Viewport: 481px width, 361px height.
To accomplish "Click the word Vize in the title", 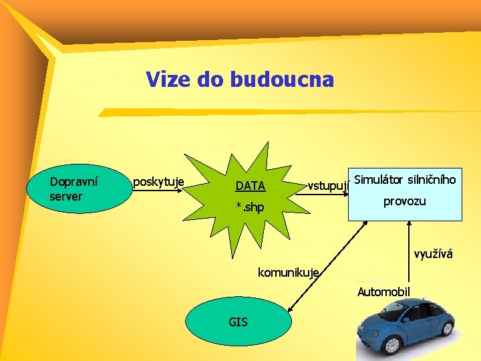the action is pos(169,80).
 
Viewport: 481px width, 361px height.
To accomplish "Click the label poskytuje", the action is pos(159,181).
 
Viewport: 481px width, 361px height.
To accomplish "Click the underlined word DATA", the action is pos(251,186).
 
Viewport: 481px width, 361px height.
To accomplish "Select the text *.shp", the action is pos(250,208).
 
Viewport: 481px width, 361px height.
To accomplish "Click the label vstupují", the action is pos(328,185).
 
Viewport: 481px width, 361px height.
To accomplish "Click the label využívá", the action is pos(433,254).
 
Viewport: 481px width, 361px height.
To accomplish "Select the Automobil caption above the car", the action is pos(383,291).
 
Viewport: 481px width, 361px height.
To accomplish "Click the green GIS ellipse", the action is pos(238,322).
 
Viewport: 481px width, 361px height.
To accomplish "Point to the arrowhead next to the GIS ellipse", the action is pos(292,310).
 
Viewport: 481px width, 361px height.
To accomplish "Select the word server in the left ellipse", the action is pos(65,197).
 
